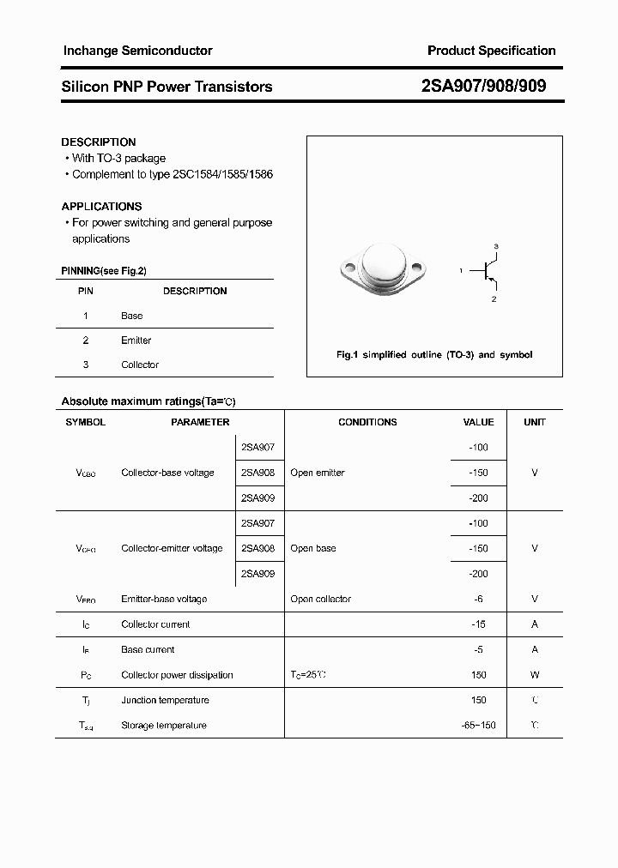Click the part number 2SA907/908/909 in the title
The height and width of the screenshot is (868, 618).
[483, 86]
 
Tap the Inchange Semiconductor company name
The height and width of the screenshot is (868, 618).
[137, 51]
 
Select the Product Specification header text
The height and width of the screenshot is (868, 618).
[491, 51]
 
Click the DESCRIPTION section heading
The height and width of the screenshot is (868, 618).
[99, 142]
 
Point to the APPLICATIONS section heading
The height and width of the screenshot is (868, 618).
[101, 206]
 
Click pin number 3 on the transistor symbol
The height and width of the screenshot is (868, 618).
[495, 246]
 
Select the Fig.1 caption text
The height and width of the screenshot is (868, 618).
[433, 354]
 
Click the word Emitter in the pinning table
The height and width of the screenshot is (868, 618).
[136, 341]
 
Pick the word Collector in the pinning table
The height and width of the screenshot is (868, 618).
[140, 365]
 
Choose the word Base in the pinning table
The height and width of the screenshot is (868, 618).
[131, 316]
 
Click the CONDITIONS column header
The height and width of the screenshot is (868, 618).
[367, 422]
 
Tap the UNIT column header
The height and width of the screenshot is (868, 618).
[535, 422]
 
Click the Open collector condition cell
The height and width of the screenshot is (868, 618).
[320, 599]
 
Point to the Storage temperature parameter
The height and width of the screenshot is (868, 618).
[164, 726]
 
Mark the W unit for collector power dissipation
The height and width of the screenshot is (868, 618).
[535, 675]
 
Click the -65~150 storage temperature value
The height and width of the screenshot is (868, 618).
[478, 726]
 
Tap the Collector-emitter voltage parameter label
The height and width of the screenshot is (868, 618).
[172, 548]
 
